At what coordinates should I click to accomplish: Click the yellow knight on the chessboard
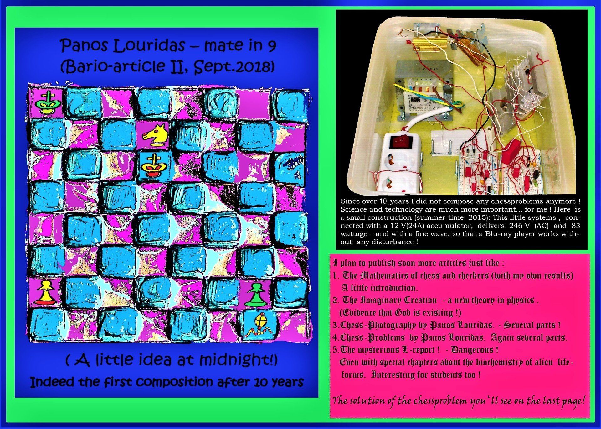tap(155, 135)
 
